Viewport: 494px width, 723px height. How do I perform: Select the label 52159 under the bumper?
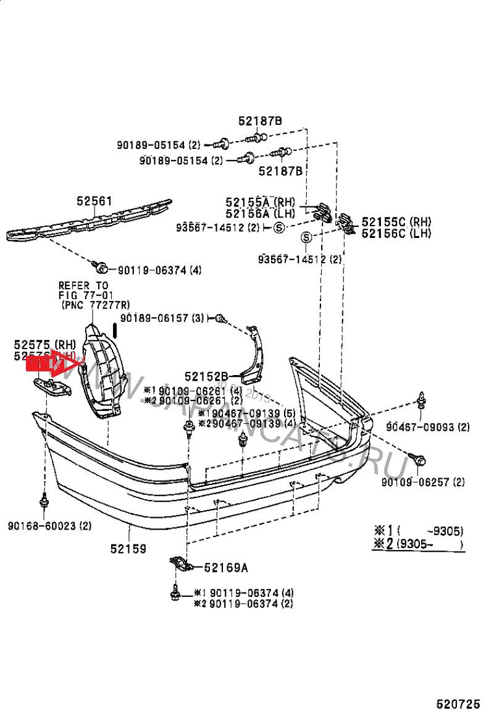[x=128, y=548]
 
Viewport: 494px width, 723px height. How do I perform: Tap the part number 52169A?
[x=226, y=567]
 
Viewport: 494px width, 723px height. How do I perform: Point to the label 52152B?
[x=207, y=376]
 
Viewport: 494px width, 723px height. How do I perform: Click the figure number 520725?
[x=458, y=704]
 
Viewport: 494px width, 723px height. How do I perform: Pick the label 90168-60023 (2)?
[x=49, y=526]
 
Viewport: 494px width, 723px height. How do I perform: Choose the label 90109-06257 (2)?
[x=423, y=481]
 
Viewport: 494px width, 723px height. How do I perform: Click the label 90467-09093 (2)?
[x=428, y=426]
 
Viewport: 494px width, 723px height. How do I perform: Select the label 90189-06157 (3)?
[x=162, y=318]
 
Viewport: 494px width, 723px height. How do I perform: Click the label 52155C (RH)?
[x=396, y=222]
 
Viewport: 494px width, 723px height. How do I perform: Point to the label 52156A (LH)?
[x=260, y=213]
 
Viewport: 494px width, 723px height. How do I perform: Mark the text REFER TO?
[x=83, y=285]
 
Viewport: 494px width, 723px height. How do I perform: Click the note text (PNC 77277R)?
[x=96, y=305]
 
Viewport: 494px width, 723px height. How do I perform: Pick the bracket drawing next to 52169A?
[x=182, y=565]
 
